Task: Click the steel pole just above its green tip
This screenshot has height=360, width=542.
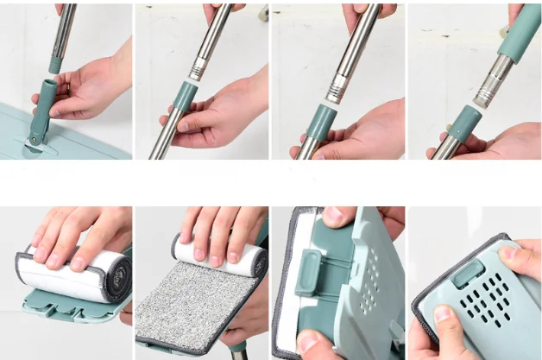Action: pyautogui.click(x=60, y=35)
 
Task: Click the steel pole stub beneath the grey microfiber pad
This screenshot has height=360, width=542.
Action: pyautogui.click(x=234, y=350)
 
